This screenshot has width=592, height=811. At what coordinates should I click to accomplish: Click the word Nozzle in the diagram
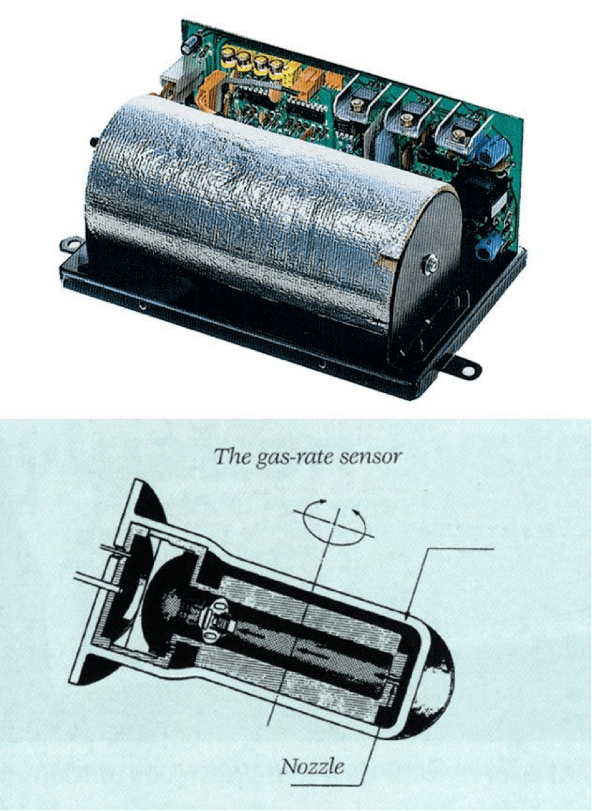tap(312, 765)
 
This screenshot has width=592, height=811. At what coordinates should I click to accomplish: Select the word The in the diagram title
tap(232, 456)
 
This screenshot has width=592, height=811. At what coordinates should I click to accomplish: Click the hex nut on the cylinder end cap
tap(429, 265)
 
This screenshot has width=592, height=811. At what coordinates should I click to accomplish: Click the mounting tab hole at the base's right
tap(468, 371)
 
